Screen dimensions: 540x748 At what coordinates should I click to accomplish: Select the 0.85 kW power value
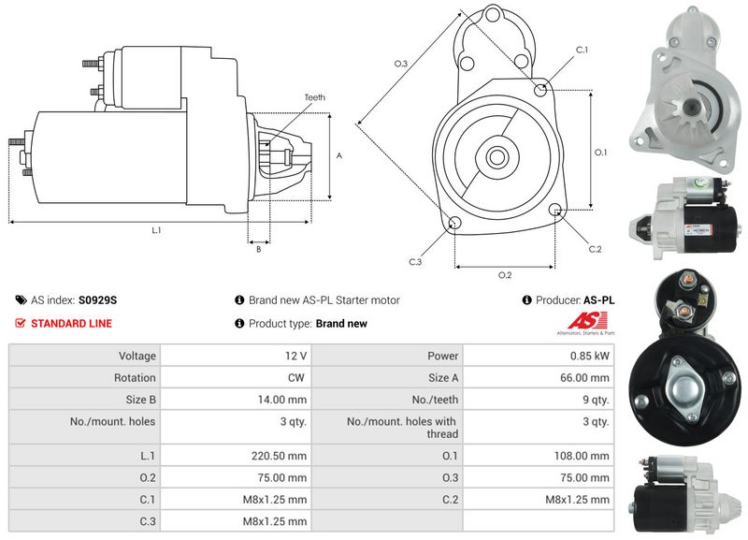589,356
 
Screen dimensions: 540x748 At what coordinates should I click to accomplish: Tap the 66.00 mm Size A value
585,378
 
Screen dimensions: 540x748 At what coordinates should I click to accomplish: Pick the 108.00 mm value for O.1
583,456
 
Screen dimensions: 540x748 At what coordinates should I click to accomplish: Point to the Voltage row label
137,356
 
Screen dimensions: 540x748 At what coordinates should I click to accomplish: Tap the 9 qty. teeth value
594,400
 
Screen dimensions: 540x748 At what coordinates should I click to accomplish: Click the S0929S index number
98,300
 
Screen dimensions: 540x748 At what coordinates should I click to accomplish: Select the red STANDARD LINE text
72,324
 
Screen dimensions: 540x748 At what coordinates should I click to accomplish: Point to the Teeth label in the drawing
315,97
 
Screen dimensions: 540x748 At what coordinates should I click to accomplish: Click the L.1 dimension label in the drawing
156,229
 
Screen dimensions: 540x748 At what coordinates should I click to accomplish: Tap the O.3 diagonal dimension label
400,64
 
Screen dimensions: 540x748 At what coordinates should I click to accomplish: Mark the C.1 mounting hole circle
540,89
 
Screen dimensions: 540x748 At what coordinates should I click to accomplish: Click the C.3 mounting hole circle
454,223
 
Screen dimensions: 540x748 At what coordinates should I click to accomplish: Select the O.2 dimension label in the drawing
504,274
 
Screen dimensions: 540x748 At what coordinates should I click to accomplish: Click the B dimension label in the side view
258,249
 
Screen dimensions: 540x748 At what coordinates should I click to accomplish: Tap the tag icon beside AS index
21,300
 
